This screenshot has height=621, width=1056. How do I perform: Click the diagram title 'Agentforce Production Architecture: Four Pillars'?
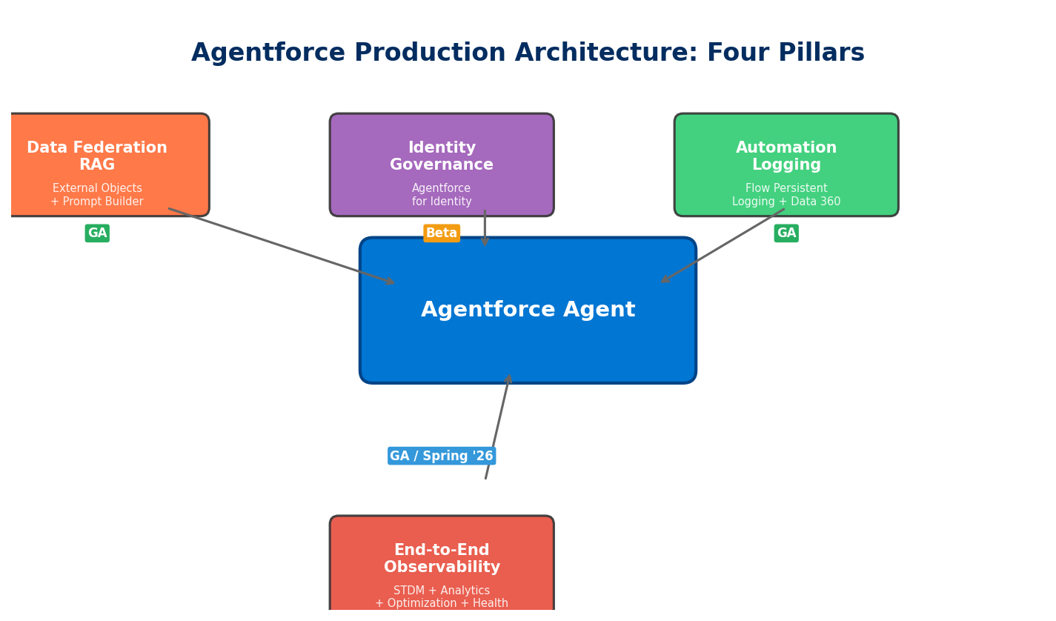(528, 53)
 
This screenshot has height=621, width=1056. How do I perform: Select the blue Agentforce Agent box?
(528, 341)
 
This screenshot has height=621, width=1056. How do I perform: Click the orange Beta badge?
(442, 233)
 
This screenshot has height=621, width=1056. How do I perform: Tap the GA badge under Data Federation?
(97, 233)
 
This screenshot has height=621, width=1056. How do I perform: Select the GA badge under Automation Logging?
(786, 233)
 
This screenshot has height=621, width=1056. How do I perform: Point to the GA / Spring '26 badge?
(442, 456)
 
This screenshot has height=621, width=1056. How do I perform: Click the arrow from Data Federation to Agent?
(282, 246)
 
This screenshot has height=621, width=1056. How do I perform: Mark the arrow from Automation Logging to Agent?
(723, 245)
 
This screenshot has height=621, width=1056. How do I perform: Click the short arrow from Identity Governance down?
(485, 228)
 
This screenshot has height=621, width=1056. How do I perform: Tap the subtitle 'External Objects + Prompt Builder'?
(97, 196)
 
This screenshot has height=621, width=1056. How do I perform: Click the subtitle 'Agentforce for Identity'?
(442, 196)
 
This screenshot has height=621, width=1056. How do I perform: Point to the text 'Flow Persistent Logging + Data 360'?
(786, 196)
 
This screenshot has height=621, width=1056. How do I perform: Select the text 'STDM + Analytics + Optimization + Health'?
(442, 597)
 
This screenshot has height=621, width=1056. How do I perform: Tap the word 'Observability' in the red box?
(442, 568)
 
